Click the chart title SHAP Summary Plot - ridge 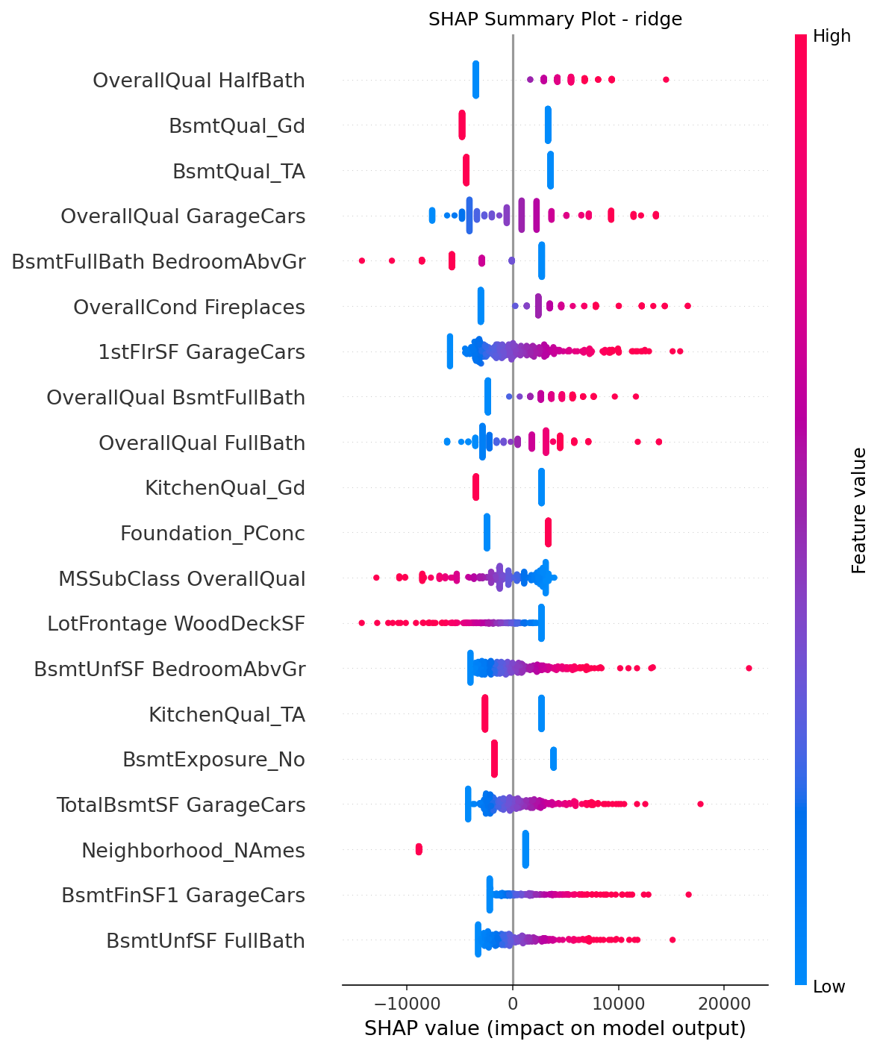point(555,19)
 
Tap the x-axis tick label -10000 point(407,1004)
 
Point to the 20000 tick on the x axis point(723,1004)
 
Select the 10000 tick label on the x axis point(617,1004)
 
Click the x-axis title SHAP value point(555,1028)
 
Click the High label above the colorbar point(831,36)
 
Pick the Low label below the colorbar point(828,987)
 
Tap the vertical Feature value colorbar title point(859,510)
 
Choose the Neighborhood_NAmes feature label point(193,850)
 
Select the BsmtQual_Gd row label point(237,125)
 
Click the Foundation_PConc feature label point(213,534)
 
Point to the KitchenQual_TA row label point(227,715)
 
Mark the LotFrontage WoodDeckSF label point(176,624)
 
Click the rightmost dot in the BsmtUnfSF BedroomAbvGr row point(749,668)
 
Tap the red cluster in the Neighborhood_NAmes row point(419,849)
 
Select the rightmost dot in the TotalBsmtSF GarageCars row point(700,804)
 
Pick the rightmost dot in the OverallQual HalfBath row point(666,80)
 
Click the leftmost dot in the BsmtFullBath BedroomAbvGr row point(362,260)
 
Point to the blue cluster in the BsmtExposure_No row point(553,759)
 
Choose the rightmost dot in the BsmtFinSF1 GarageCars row point(688,894)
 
